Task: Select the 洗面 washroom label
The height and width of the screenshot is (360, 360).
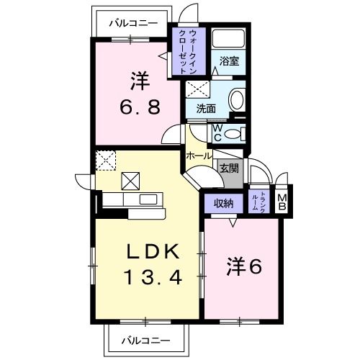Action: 207,109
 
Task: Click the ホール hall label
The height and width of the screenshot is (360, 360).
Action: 198,156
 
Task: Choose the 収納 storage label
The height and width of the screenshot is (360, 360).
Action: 224,202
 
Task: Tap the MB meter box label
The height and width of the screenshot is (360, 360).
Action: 282,202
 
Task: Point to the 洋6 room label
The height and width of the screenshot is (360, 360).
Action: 244,267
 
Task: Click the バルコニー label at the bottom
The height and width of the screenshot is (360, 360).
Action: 145,338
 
